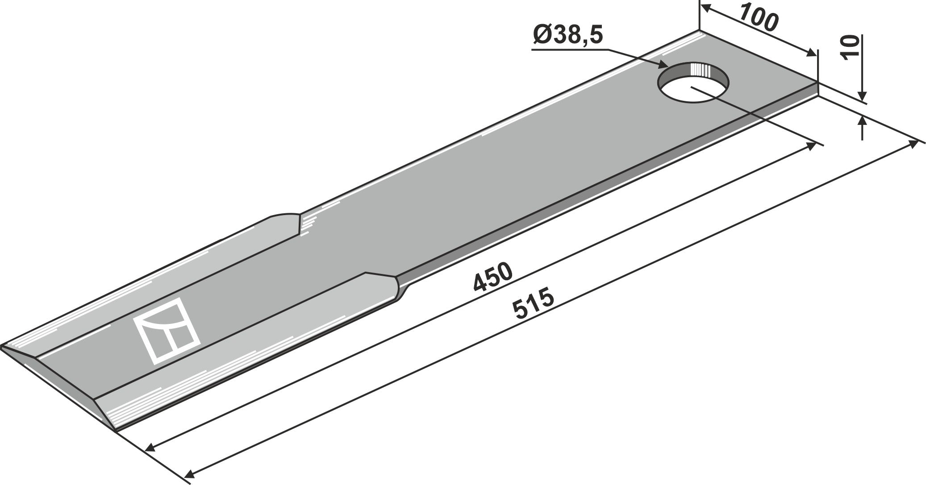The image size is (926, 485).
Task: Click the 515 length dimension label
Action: [x=534, y=305]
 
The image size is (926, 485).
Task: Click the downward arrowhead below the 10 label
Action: [x=862, y=95]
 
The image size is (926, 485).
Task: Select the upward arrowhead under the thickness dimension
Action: [x=862, y=122]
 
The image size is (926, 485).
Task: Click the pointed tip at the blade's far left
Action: [x=4, y=346]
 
